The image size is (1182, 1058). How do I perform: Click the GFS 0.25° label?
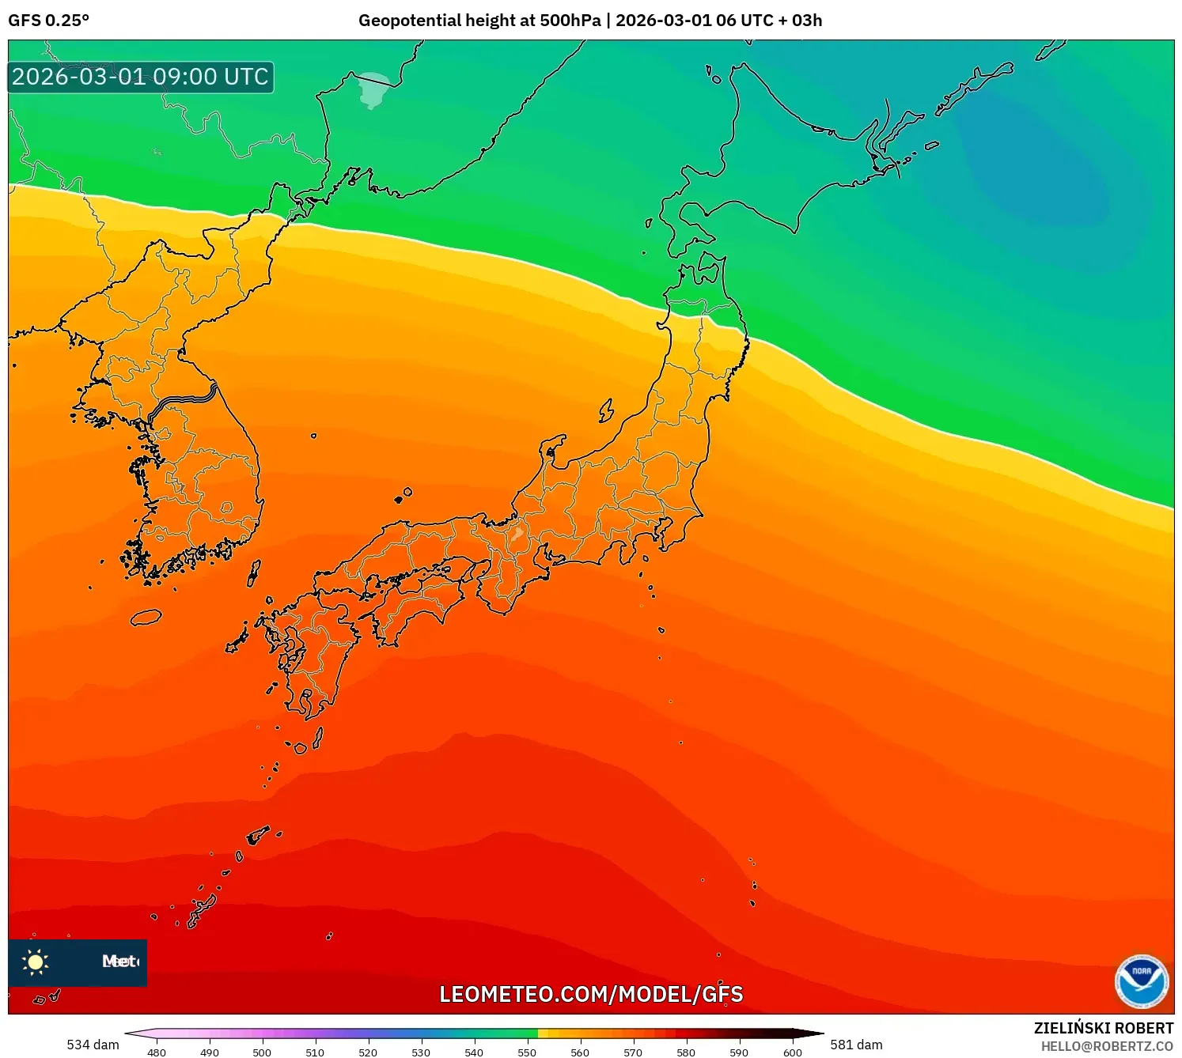point(48,21)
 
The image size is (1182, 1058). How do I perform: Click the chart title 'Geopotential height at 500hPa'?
point(479,21)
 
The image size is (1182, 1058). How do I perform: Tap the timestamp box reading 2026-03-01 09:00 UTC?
point(141,77)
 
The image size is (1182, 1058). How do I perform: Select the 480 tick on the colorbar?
point(157,1052)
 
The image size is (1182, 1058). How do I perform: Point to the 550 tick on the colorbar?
point(527,1052)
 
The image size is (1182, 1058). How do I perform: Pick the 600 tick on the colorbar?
point(792,1052)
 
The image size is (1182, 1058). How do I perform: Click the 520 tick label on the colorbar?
point(368,1052)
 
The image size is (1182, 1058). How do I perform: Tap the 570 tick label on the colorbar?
point(633,1052)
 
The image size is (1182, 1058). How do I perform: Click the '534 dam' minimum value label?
point(93,1045)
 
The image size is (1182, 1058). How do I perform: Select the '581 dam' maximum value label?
point(856,1045)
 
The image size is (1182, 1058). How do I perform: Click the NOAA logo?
point(1141,981)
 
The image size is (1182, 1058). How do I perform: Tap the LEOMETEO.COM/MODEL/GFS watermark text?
point(591,994)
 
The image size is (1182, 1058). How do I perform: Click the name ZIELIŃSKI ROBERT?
point(1104,1028)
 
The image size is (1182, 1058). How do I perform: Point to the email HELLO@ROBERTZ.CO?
point(1107,1046)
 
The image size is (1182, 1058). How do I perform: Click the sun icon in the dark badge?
point(36,962)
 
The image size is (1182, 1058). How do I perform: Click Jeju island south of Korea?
point(146,618)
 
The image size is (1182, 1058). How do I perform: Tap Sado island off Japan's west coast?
point(606,410)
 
